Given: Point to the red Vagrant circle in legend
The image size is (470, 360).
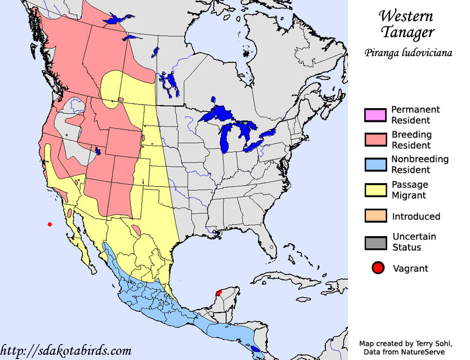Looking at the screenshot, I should (x=378, y=268).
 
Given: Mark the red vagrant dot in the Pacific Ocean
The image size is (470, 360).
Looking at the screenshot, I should (x=50, y=224).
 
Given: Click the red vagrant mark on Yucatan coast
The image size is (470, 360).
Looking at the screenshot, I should (x=218, y=293).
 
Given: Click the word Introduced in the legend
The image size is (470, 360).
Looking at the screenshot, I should (x=416, y=217).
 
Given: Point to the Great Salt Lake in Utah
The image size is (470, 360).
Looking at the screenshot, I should (x=97, y=151).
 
